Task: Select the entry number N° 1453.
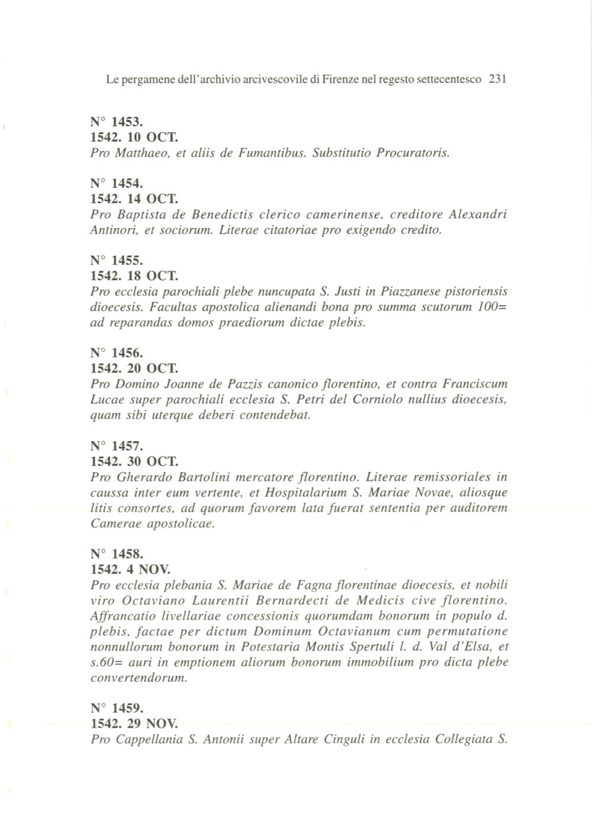pos(117,123)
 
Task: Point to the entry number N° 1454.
pos(117,184)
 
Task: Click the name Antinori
pos(114,230)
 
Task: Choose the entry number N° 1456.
pos(117,353)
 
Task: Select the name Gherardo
pos(141,477)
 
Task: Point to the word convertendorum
pos(139,678)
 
